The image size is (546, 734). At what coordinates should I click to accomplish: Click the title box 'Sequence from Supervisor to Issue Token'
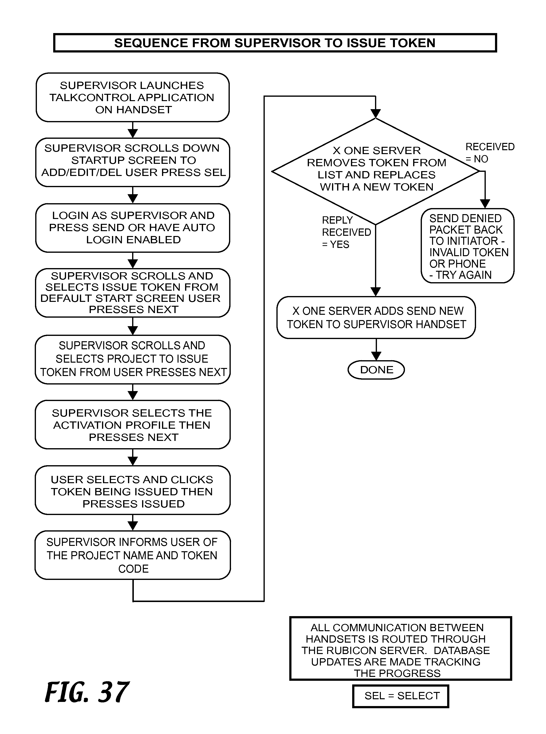pos(275,43)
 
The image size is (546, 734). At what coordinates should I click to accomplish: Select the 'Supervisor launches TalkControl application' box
pos(133,97)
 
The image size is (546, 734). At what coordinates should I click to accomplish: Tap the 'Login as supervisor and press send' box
pos(133,228)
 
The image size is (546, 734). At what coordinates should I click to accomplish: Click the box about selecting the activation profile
pos(133,425)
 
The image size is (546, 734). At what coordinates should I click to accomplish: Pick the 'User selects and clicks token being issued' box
pos(133,490)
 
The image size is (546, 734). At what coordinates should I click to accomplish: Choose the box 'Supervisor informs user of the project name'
pos(133,555)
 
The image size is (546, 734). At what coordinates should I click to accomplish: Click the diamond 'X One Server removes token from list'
pos(376,171)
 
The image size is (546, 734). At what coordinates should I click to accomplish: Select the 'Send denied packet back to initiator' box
pos(468,246)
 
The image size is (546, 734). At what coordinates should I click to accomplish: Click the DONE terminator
pos(376,370)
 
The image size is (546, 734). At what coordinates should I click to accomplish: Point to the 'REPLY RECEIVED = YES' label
pos(346,232)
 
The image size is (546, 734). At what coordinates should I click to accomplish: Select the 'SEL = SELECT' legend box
pos(401,696)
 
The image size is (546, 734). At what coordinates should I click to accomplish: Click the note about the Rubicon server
pos(401,648)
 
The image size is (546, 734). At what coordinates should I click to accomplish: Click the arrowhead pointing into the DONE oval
pos(376,356)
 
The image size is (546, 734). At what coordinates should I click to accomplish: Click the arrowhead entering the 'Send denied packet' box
pos(485,204)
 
